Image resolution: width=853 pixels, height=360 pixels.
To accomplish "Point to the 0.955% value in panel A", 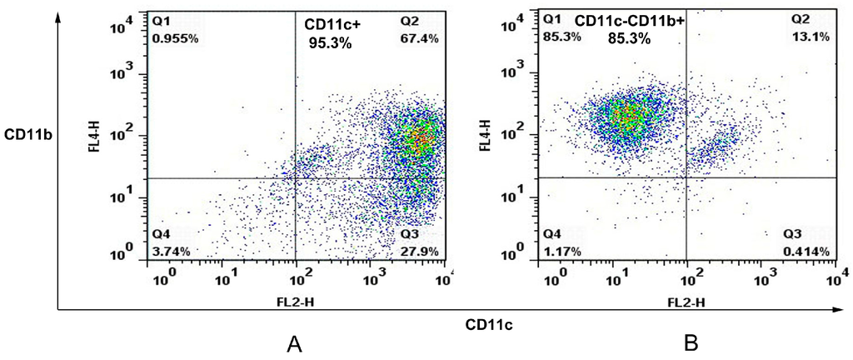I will tap(177, 38).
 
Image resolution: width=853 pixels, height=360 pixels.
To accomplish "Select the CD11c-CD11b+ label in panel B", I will tap(629, 24).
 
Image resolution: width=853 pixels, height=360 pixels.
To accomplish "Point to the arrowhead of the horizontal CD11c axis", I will tap(839, 312).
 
